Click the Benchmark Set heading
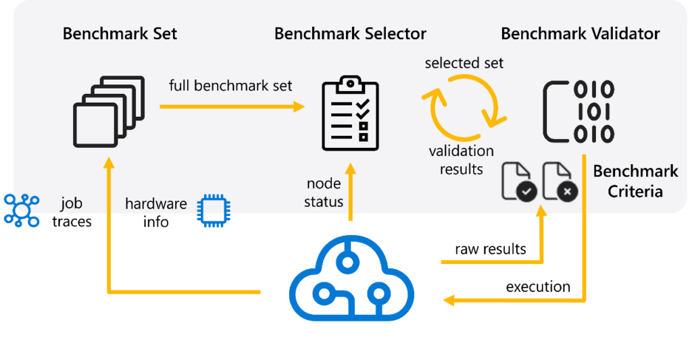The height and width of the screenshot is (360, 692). tap(120, 33)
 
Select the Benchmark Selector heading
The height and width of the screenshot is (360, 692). tap(350, 33)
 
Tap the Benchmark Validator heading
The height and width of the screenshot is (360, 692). tap(580, 33)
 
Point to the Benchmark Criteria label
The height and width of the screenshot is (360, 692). tap(635, 181)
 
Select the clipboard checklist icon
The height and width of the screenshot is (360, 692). tap(349, 114)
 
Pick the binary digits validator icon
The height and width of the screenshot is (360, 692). tap(579, 111)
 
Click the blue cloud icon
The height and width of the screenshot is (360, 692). tap(352, 278)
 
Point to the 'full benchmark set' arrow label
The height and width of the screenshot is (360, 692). tap(230, 86)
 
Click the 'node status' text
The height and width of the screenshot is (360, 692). tap(324, 192)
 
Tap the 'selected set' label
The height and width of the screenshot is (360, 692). tap(464, 63)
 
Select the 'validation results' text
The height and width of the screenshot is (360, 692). tap(461, 159)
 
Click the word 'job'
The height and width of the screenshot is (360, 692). tap(72, 203)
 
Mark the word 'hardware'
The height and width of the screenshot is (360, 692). tap(155, 203)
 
